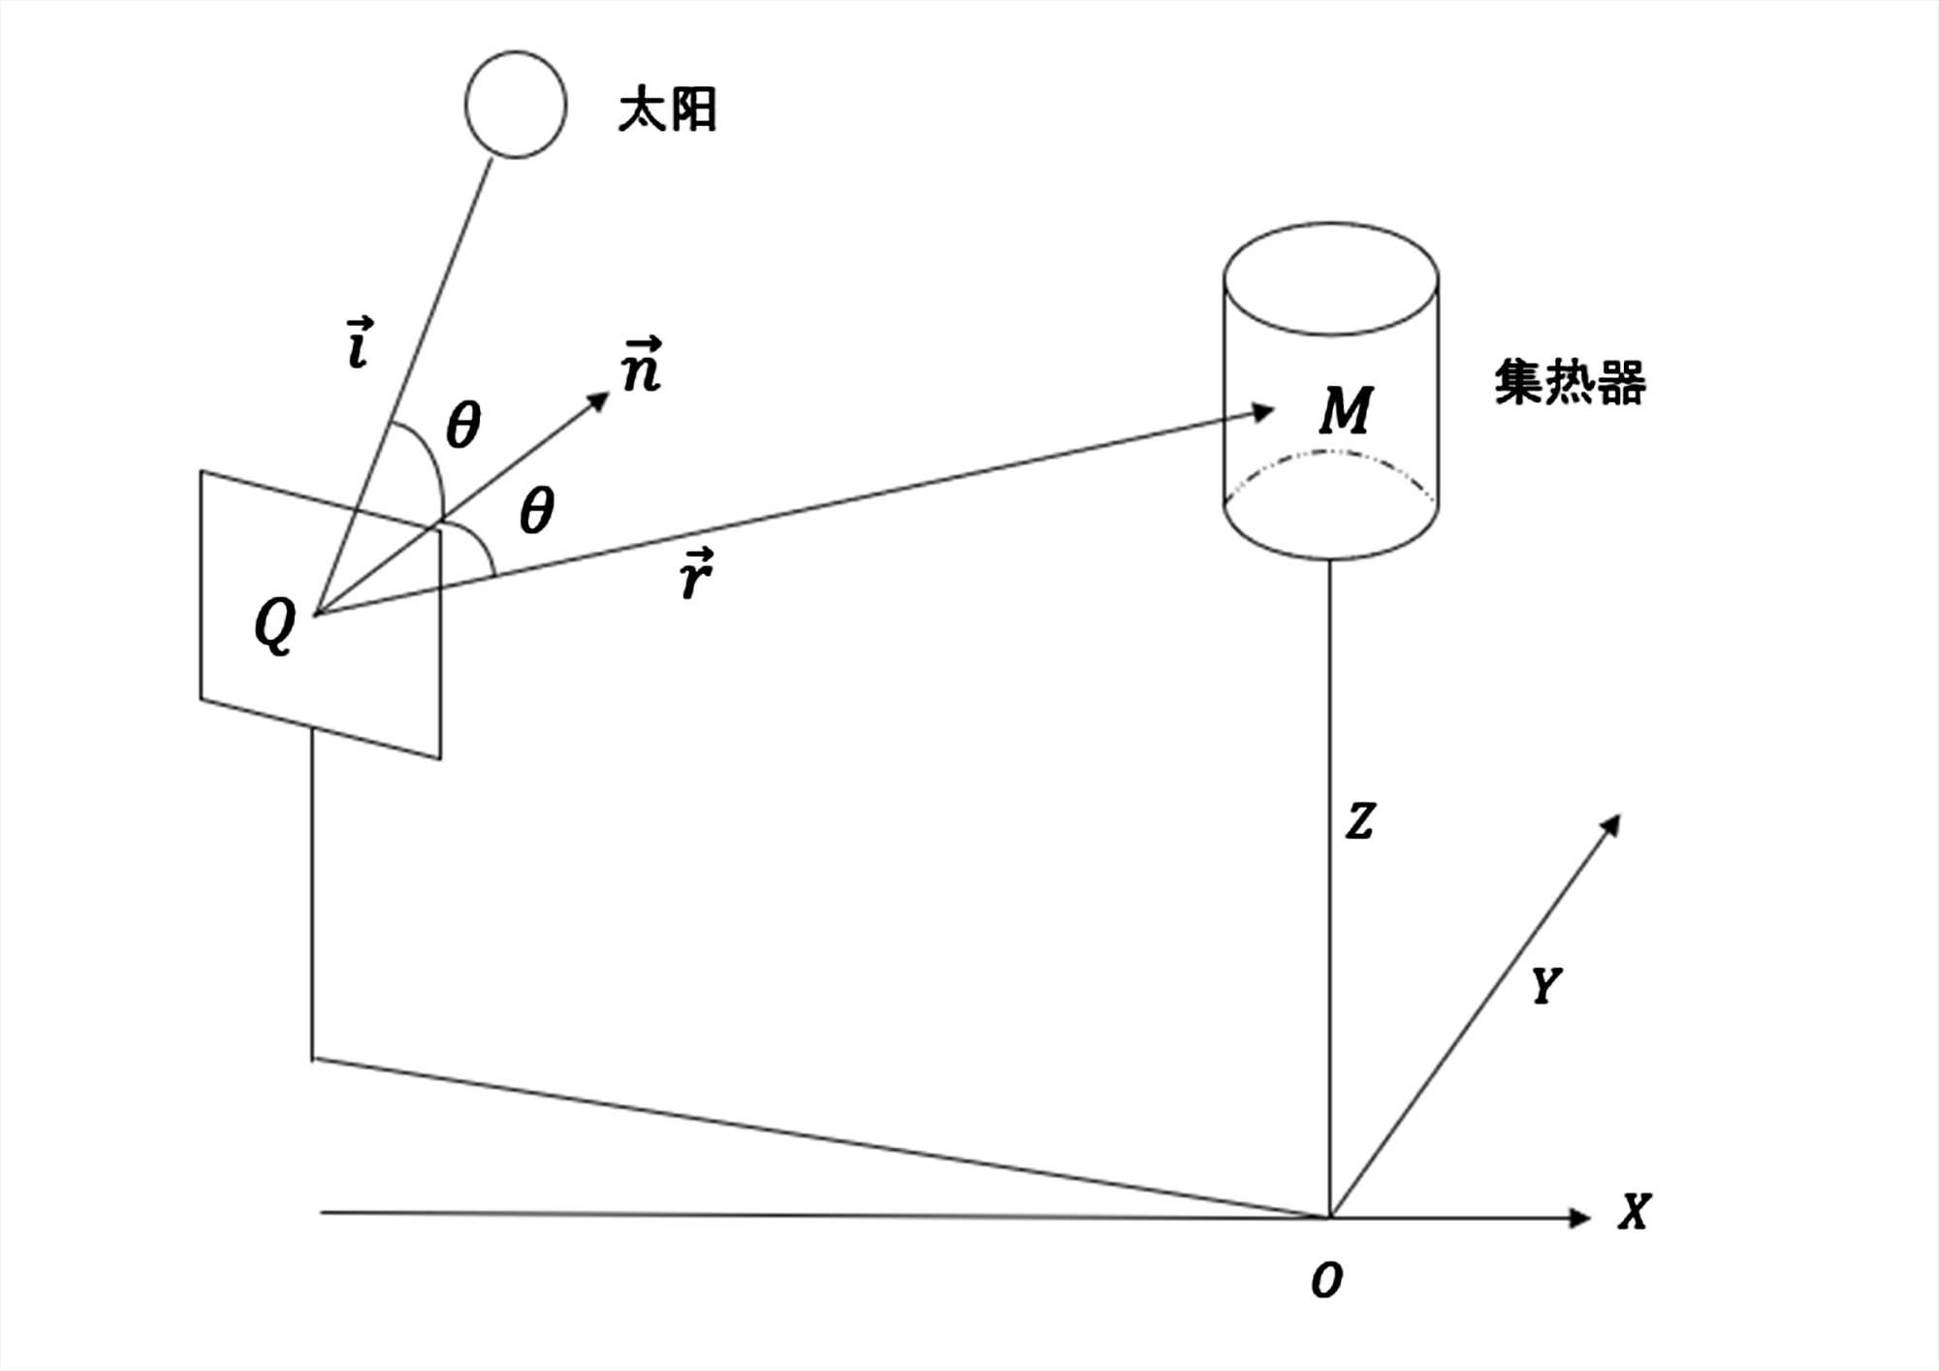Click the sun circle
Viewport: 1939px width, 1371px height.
click(x=516, y=105)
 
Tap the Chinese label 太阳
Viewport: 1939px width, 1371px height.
click(x=668, y=110)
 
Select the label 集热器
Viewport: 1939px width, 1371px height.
click(x=1570, y=383)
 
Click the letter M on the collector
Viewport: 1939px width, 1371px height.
click(x=1346, y=410)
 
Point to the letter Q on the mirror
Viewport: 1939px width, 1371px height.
click(x=274, y=625)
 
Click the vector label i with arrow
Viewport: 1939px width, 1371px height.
click(x=360, y=344)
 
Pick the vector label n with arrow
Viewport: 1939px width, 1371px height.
click(x=642, y=366)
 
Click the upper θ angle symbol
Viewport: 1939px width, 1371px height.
click(x=462, y=426)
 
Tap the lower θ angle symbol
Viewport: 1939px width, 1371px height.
click(x=536, y=511)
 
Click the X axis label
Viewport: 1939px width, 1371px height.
click(x=1634, y=1212)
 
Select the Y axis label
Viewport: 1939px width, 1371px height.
click(x=1545, y=986)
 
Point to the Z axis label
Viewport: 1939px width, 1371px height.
click(x=1360, y=821)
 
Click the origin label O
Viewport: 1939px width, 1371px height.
click(x=1326, y=1281)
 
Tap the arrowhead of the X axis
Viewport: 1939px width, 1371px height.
click(x=1580, y=1217)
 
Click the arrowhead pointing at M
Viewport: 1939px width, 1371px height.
click(x=1262, y=412)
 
